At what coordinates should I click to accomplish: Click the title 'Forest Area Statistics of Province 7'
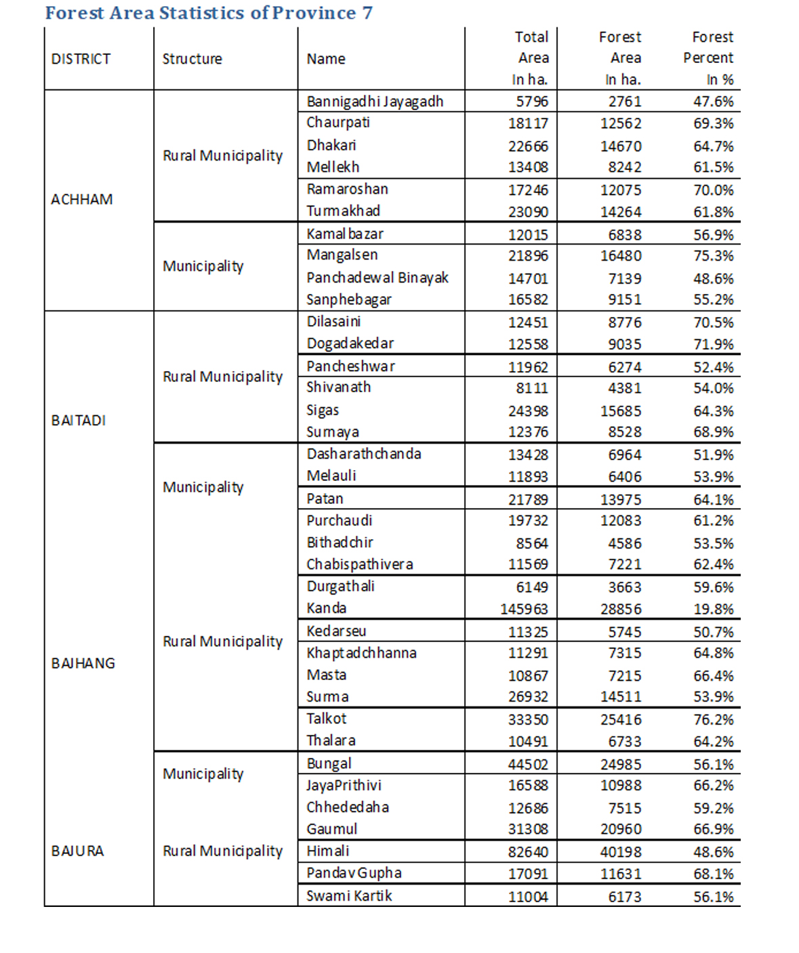208,13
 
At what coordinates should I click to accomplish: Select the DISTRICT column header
81,59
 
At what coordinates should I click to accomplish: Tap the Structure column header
192,59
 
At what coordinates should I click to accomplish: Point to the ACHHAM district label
81,199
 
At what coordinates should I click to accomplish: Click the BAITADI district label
79,420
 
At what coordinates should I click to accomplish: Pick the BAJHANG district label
83,663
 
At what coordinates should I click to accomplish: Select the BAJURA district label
77,851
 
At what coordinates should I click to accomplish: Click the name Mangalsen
342,255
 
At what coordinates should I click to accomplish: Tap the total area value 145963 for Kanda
524,609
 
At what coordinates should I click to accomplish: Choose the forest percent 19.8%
713,609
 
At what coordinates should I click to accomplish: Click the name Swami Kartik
349,895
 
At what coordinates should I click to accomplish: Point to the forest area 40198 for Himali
620,851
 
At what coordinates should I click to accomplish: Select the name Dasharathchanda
363,454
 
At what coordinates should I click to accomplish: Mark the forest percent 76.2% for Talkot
713,719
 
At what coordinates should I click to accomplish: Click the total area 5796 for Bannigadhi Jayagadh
531,102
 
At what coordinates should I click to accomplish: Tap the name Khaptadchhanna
361,653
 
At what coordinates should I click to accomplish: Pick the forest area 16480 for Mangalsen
620,255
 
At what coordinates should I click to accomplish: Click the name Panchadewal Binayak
377,278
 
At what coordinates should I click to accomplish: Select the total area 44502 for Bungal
528,764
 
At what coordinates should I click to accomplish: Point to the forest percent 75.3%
713,255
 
